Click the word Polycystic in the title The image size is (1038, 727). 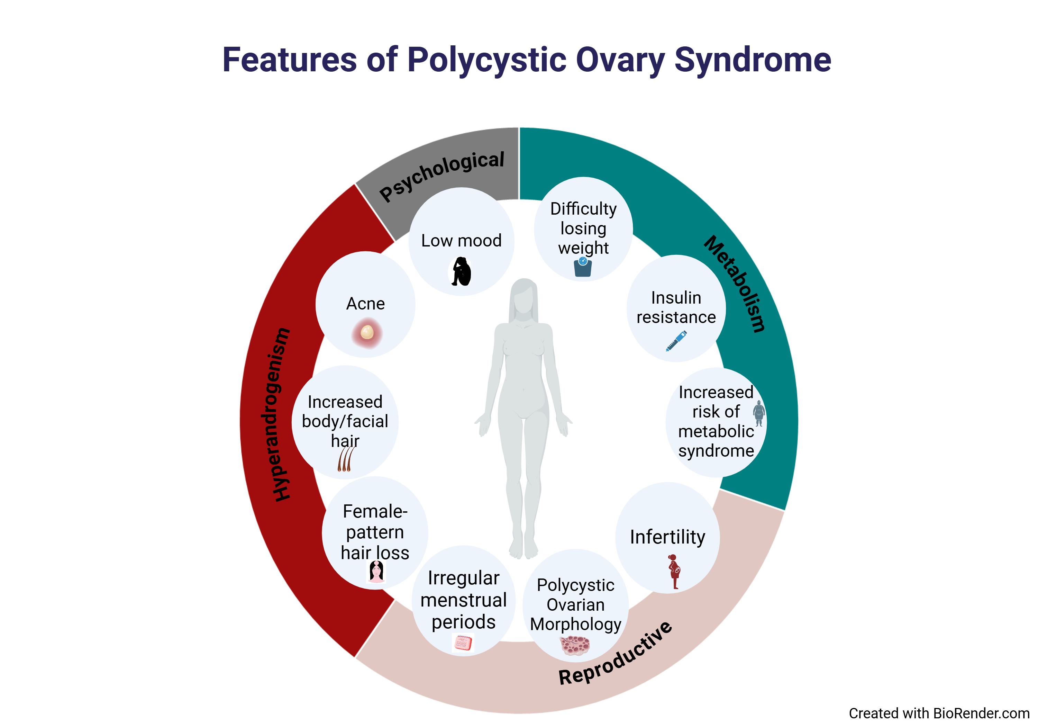pyautogui.click(x=486, y=60)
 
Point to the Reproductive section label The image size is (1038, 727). pyautogui.click(x=616, y=653)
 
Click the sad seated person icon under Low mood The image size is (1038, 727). pyautogui.click(x=462, y=271)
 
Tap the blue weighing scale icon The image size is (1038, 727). pyautogui.click(x=583, y=267)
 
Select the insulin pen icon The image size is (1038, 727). pyautogui.click(x=676, y=341)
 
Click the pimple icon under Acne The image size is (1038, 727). pyautogui.click(x=367, y=333)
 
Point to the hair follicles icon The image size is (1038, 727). pyautogui.click(x=345, y=459)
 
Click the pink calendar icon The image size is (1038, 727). pyautogui.click(x=463, y=643)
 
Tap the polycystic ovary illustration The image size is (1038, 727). pyautogui.click(x=575, y=645)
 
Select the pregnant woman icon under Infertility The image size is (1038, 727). pyautogui.click(x=674, y=571)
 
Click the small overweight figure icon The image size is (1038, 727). pyautogui.click(x=759, y=413)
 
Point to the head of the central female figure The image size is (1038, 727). pyautogui.click(x=523, y=297)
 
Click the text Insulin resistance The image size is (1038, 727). pyautogui.click(x=676, y=308)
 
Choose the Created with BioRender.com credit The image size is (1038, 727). pyautogui.click(x=939, y=713)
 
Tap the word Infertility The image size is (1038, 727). pyautogui.click(x=667, y=537)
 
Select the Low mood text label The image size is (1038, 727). pyautogui.click(x=461, y=240)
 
